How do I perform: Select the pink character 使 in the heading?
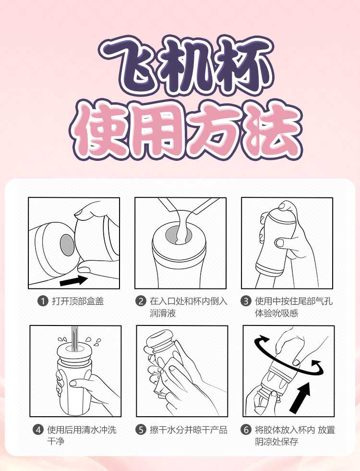pyautogui.click(x=101, y=130)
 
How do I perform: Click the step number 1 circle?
pyautogui.click(x=43, y=302)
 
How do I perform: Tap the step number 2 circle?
pyautogui.click(x=141, y=302)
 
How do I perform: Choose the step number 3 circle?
pyautogui.click(x=246, y=302)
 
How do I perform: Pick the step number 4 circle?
pyautogui.click(x=38, y=430)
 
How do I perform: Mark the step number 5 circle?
pyautogui.click(x=141, y=430)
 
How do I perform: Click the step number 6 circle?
pyautogui.click(x=246, y=430)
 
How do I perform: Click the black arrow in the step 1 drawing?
pyautogui.click(x=74, y=280)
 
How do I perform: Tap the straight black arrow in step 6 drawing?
pyautogui.click(x=300, y=397)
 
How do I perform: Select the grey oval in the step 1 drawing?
pyautogui.click(x=67, y=245)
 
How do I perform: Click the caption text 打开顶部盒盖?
pyautogui.click(x=78, y=302)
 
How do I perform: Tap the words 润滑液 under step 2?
pyautogui.click(x=163, y=314)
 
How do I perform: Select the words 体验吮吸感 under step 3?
pyautogui.click(x=276, y=314)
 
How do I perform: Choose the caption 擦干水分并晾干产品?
pyautogui.click(x=189, y=430)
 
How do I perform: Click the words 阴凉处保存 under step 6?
pyautogui.click(x=276, y=442)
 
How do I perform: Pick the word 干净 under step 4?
pyautogui.click(x=56, y=442)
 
